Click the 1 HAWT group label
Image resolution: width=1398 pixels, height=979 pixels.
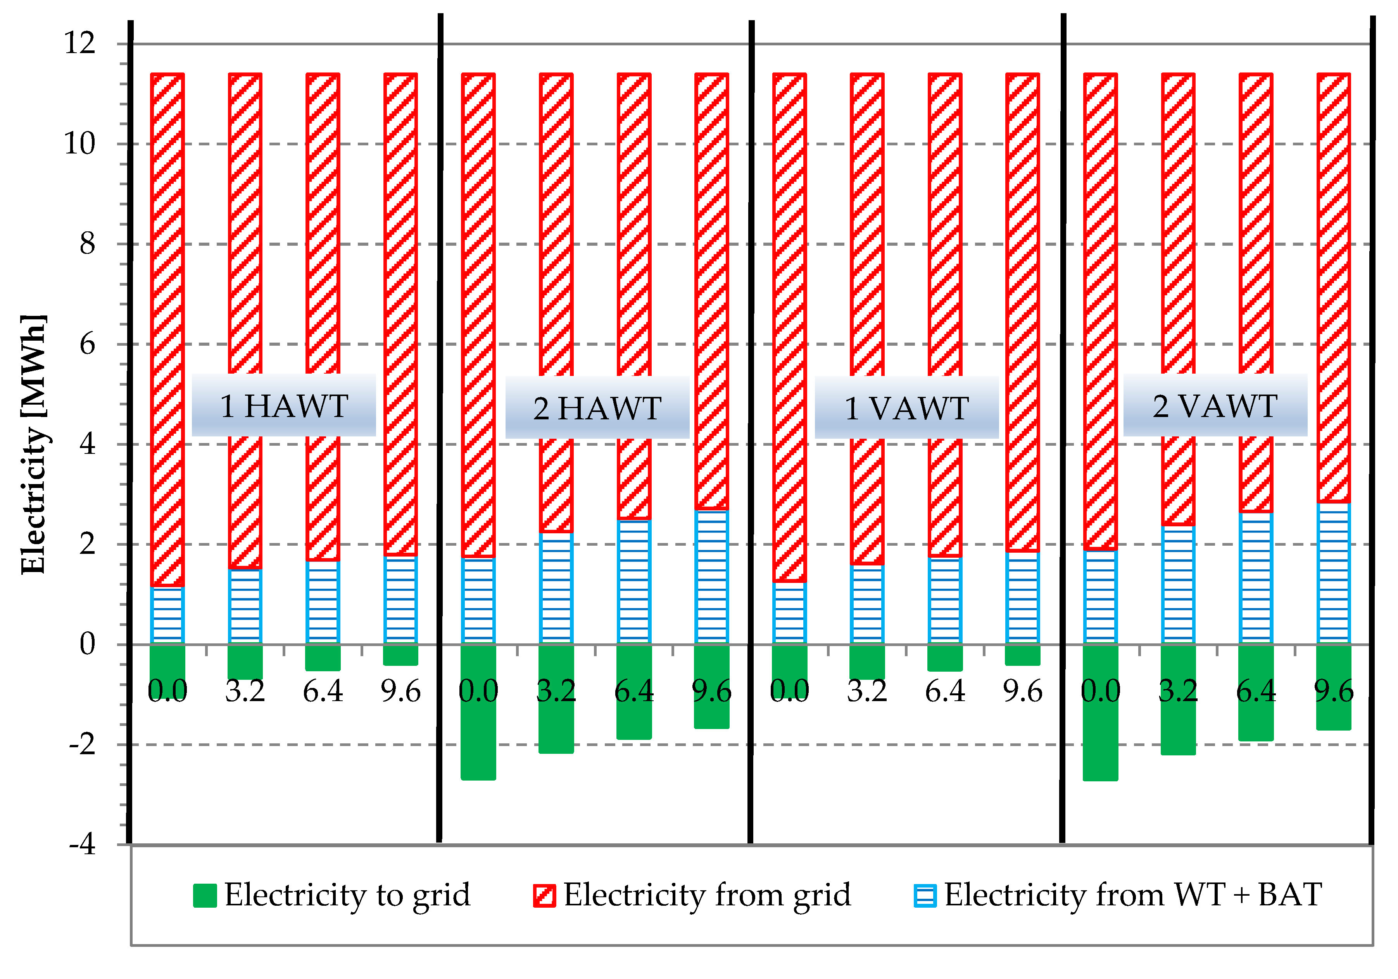pos(284,405)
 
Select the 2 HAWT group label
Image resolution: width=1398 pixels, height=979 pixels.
pos(597,408)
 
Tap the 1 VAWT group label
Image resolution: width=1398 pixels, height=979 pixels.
pos(907,408)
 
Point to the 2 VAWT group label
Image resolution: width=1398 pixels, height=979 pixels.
pos(1215,405)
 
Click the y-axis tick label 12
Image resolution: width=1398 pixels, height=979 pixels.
pos(80,43)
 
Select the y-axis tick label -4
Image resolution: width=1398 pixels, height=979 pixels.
pos(82,845)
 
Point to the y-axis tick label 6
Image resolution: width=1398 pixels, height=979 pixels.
pos(87,345)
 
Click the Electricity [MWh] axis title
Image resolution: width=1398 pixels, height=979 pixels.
pos(33,445)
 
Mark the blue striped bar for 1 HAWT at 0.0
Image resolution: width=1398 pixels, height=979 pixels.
pos(167,615)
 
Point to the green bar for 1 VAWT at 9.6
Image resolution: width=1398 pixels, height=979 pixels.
pos(1022,655)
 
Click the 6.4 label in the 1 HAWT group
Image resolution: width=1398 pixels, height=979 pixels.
pos(323,691)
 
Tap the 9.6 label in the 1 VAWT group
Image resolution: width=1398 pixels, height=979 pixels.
pos(1022,691)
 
